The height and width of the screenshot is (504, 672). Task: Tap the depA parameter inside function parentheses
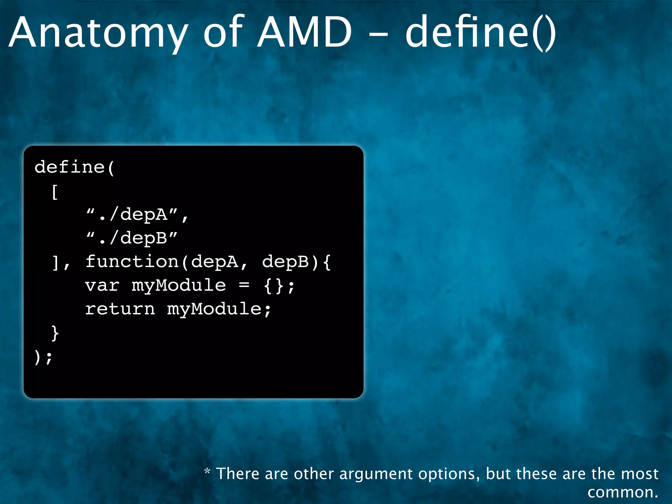pyautogui.click(x=214, y=262)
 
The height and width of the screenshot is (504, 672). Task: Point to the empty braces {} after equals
pyautogui.click(x=273, y=285)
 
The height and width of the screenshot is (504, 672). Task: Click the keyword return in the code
pyautogui.click(x=120, y=309)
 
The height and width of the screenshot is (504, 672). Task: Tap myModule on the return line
pyautogui.click(x=214, y=309)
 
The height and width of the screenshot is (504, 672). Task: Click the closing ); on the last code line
pyautogui.click(x=43, y=357)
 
